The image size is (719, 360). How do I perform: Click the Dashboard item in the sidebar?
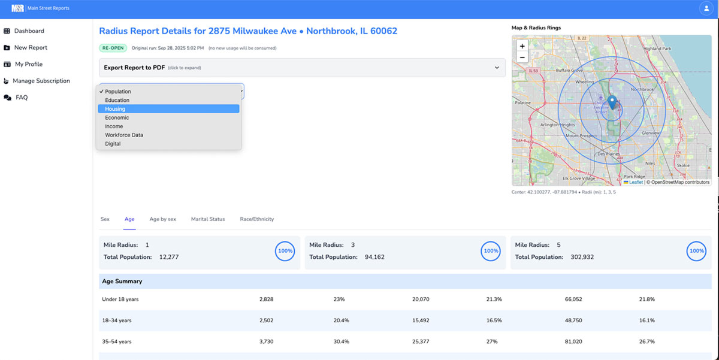pyautogui.click(x=29, y=31)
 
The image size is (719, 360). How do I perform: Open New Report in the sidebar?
pyautogui.click(x=31, y=47)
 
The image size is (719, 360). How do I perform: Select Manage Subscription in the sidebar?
pyautogui.click(x=41, y=81)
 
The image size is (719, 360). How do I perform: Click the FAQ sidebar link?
pyautogui.click(x=21, y=98)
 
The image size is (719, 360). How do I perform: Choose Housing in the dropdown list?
pyautogui.click(x=115, y=109)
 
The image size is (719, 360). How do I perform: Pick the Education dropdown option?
pyautogui.click(x=117, y=100)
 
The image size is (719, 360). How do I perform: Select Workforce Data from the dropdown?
pyautogui.click(x=123, y=135)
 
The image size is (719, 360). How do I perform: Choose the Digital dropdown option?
pyautogui.click(x=113, y=144)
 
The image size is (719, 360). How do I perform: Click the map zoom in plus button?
pyautogui.click(x=522, y=46)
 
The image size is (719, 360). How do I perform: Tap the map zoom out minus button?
pyautogui.click(x=522, y=58)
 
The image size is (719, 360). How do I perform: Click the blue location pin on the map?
pyautogui.click(x=612, y=102)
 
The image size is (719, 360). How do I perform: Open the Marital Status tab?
pyautogui.click(x=208, y=219)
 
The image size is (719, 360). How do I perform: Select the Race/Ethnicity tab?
pyautogui.click(x=256, y=219)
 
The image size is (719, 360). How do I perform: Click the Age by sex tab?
pyautogui.click(x=162, y=219)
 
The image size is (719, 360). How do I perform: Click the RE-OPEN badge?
pyautogui.click(x=113, y=48)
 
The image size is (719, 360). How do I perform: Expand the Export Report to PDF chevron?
pyautogui.click(x=497, y=68)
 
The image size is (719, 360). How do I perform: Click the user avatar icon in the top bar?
pyautogui.click(x=704, y=8)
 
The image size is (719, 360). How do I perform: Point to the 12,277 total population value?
pyautogui.click(x=168, y=257)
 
